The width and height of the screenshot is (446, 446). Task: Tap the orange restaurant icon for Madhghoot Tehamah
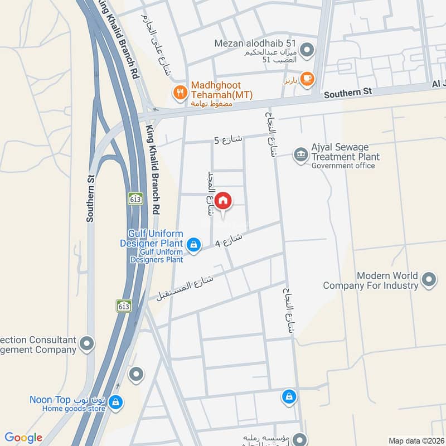(x=180, y=92)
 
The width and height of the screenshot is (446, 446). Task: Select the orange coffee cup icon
(x=306, y=80)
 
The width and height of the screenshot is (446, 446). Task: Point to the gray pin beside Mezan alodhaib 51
(x=307, y=50)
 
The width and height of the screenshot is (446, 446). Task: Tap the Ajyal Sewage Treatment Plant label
(x=346, y=152)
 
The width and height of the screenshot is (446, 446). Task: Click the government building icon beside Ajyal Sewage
(x=301, y=154)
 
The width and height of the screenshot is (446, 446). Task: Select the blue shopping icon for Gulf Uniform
(x=193, y=244)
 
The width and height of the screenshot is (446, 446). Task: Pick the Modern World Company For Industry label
(x=371, y=280)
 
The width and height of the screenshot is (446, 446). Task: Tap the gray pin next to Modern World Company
(x=429, y=279)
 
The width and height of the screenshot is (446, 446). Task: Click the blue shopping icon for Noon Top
(x=115, y=402)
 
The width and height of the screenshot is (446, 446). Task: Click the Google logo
(x=23, y=438)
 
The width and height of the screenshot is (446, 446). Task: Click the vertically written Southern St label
(x=90, y=198)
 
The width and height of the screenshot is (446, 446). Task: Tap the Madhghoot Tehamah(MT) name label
(x=222, y=90)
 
